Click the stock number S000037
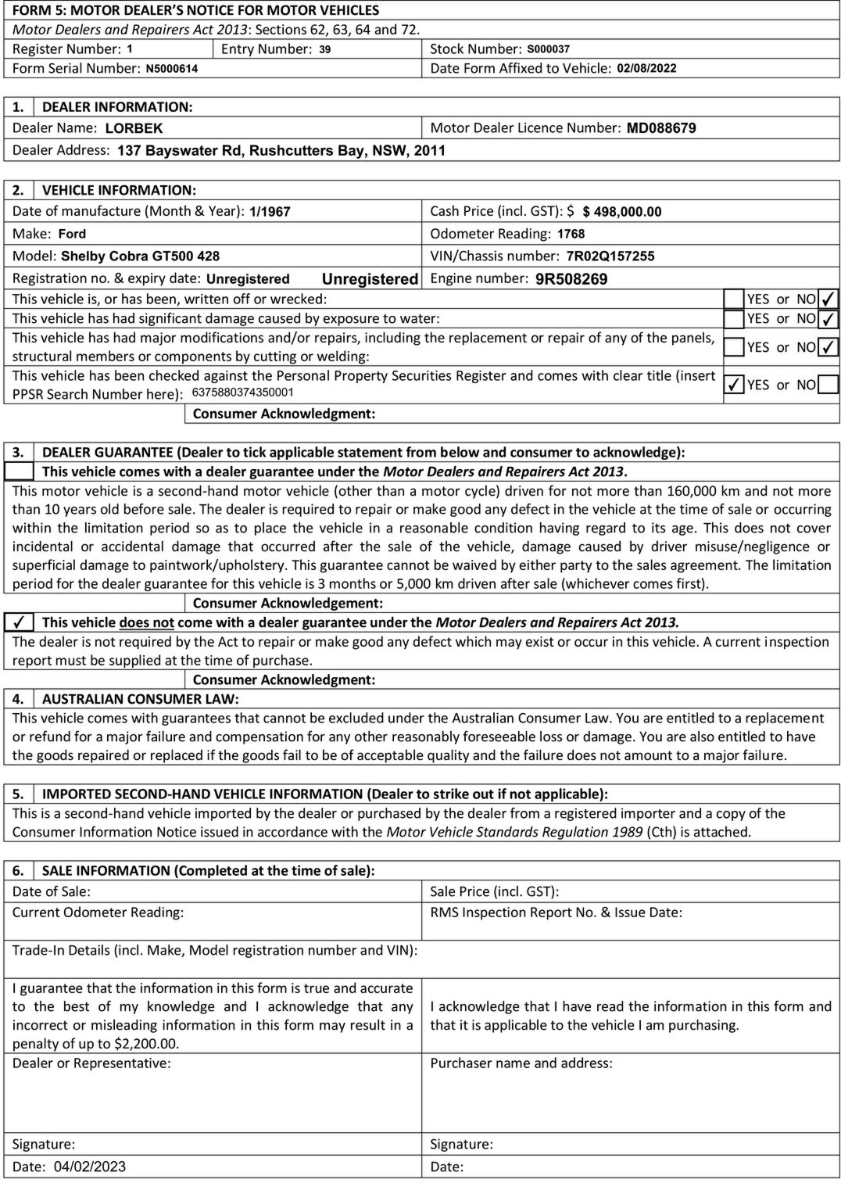pos(548,49)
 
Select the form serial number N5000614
pos(171,69)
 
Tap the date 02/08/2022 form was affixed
pos(646,68)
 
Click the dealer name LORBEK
pos(134,128)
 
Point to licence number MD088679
pos(661,128)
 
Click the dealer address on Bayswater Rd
pos(281,150)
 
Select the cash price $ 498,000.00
pos(622,212)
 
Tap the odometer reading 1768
pos(571,234)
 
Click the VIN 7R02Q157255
pos(610,256)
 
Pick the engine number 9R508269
pos(571,279)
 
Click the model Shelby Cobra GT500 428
pos(140,256)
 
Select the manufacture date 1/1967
pos(270,212)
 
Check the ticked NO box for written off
pos(828,299)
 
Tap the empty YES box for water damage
pos(733,319)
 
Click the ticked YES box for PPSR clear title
pos(733,385)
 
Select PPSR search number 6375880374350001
pos(242,393)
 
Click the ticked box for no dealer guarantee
pos(20,622)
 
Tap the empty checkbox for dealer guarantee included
pos(20,471)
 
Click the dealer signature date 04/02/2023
pos(89,1167)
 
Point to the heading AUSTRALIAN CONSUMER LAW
pos(141,699)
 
